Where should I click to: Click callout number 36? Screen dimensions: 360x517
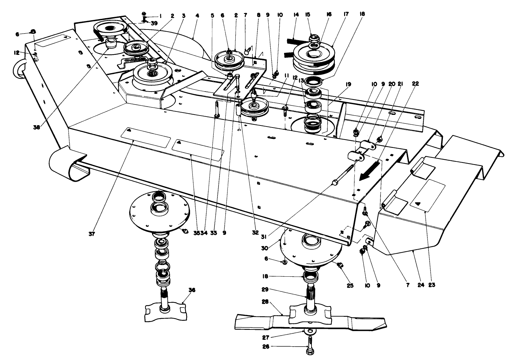[192, 290]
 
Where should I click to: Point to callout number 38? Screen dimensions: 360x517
[36, 127]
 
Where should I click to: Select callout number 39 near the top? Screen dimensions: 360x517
[155, 23]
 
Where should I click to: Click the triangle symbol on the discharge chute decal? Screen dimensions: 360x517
[418, 203]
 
